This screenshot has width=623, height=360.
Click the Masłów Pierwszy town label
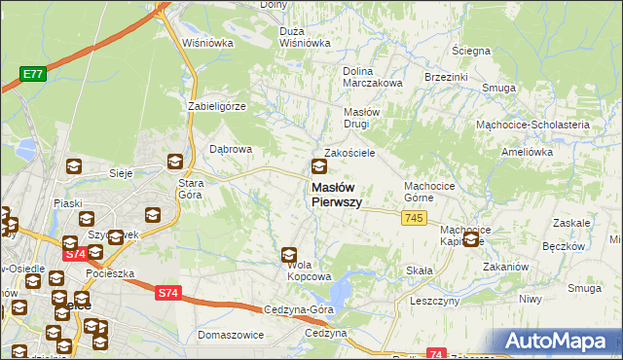point(336,195)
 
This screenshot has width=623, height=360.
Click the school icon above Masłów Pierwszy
point(319,166)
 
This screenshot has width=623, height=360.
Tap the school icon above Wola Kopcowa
point(289,256)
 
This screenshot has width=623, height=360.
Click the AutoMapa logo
point(559,341)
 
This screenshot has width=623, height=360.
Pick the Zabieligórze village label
point(219,105)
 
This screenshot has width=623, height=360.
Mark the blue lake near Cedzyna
point(342,289)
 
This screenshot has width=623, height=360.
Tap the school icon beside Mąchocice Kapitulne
point(472,238)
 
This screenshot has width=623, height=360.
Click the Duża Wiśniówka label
point(304,36)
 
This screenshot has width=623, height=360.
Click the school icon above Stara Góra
point(175,162)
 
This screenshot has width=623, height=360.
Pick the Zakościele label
point(350,153)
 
